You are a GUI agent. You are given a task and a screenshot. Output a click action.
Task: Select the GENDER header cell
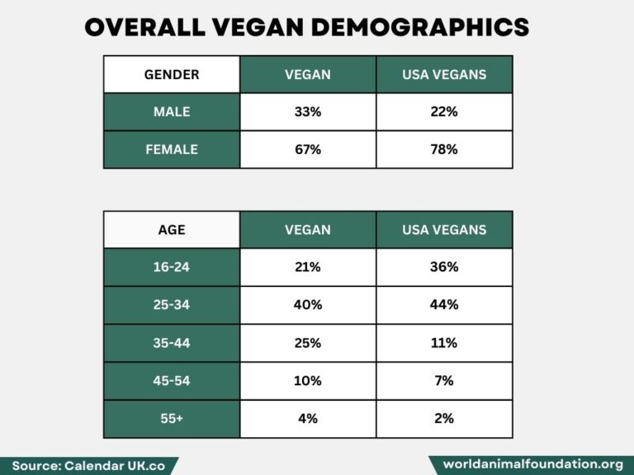pyautogui.click(x=172, y=74)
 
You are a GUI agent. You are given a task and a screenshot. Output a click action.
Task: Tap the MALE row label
pyautogui.click(x=172, y=112)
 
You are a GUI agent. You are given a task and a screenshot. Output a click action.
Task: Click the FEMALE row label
pyautogui.click(x=172, y=149)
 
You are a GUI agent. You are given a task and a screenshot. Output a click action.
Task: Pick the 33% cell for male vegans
pyautogui.click(x=308, y=112)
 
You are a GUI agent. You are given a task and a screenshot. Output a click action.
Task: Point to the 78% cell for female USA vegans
pyautogui.click(x=444, y=149)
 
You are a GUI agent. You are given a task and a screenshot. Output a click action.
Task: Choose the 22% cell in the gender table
pyautogui.click(x=444, y=112)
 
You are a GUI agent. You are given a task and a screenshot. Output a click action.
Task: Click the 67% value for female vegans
pyautogui.click(x=308, y=149)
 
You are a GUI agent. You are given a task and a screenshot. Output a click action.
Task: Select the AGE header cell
pyautogui.click(x=172, y=230)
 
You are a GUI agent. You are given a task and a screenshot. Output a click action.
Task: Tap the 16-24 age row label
pyautogui.click(x=172, y=267)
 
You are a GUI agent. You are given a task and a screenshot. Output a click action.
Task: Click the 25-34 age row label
pyautogui.click(x=172, y=305)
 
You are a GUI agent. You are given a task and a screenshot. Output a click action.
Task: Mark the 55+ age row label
pyautogui.click(x=172, y=418)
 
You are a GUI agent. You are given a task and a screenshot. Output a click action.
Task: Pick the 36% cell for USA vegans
pyautogui.click(x=444, y=267)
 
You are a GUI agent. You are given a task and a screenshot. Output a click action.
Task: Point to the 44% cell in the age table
pyautogui.click(x=444, y=305)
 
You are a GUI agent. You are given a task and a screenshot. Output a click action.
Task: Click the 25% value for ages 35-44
pyautogui.click(x=308, y=343)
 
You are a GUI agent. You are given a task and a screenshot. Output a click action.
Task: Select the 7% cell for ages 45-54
pyautogui.click(x=444, y=381)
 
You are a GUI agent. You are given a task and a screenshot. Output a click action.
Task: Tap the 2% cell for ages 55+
pyautogui.click(x=444, y=418)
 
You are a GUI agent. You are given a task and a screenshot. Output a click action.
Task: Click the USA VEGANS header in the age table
pyautogui.click(x=444, y=230)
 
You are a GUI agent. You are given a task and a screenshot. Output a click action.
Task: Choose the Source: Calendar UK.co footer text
pyautogui.click(x=88, y=465)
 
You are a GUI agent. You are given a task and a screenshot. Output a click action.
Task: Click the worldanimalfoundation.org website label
pyautogui.click(x=532, y=464)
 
